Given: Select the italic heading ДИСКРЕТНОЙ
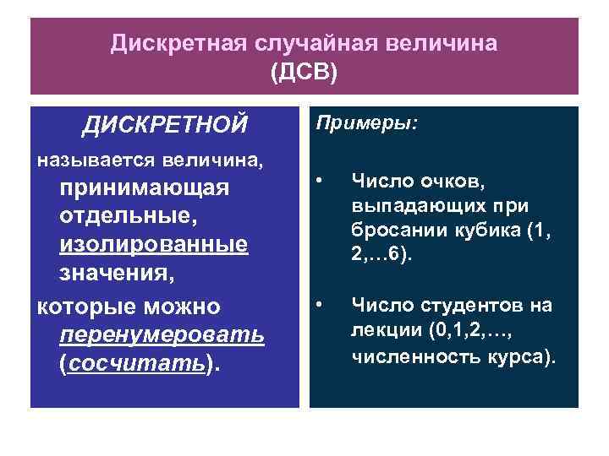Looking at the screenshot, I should pos(165,125).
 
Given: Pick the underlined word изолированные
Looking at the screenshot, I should pos(154,244).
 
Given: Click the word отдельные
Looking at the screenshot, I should pos(127,215).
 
